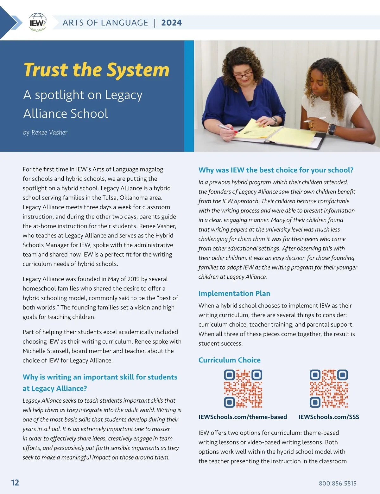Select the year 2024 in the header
pos(171,23)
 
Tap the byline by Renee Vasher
pos(45,133)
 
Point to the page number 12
pos(15,483)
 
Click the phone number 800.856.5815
pos(338,484)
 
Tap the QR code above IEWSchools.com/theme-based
pos(243,388)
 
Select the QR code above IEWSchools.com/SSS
pos(329,388)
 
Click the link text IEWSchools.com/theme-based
pos(243,417)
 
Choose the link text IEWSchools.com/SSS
pos(329,417)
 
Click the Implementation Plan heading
pos(234,294)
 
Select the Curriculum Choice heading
pos(230,360)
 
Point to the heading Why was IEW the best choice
pos(276,170)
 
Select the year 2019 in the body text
pos(133,279)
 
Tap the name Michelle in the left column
pos(34,351)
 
